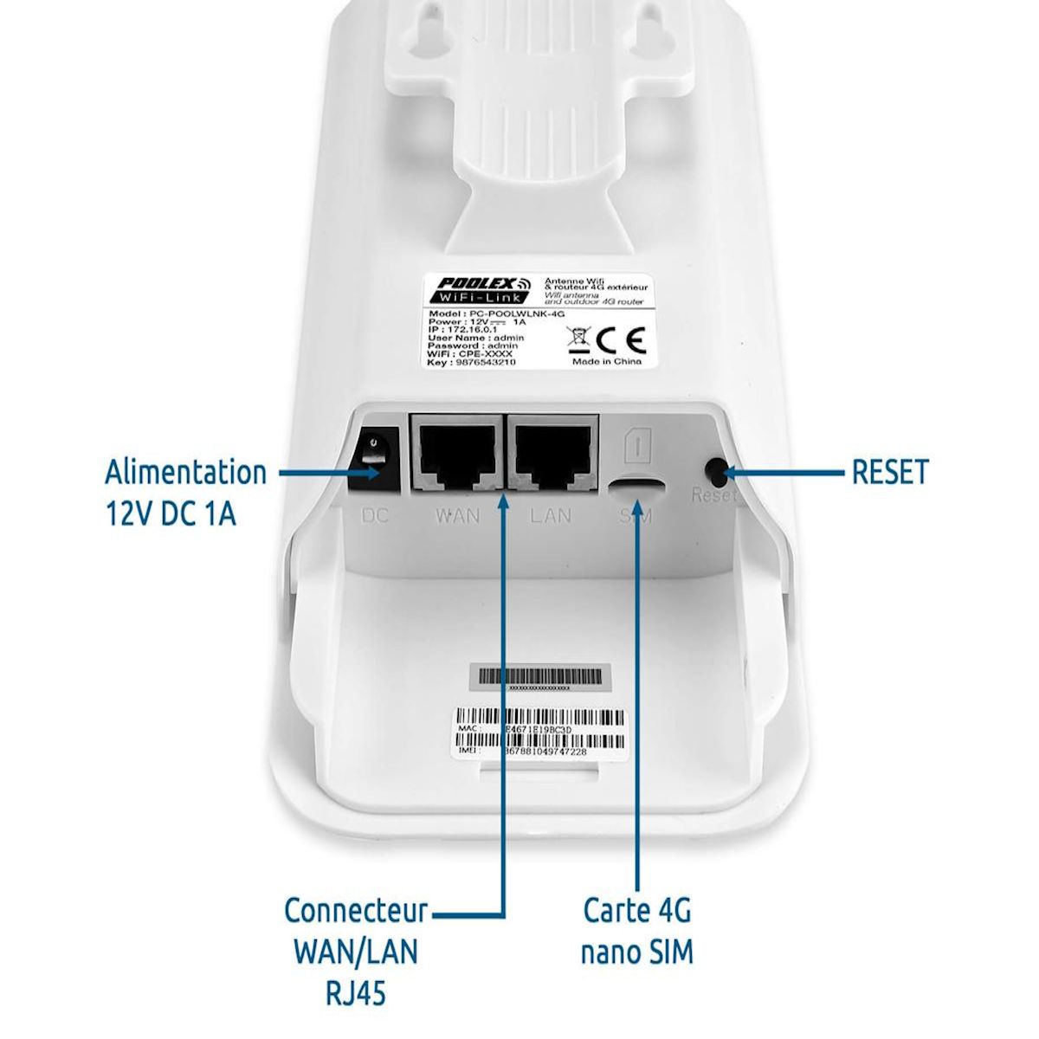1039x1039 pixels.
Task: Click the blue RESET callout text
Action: (x=889, y=473)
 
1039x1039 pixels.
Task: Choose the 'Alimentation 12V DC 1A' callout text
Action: (x=185, y=493)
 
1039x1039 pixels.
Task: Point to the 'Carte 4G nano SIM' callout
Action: (x=636, y=931)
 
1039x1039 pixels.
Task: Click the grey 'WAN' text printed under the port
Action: (x=457, y=516)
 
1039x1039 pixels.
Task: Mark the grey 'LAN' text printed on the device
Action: (x=551, y=516)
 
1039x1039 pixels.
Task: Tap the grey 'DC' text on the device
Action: (x=375, y=516)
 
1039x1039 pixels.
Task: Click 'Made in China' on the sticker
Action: (x=607, y=361)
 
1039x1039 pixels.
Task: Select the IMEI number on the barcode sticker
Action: (x=545, y=752)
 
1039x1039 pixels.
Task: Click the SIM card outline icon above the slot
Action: (x=634, y=445)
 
